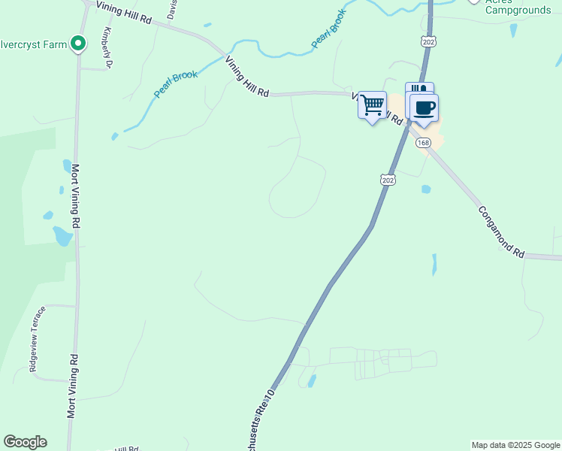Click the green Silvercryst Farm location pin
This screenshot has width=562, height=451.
(x=77, y=44)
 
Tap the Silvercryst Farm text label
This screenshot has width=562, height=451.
(x=33, y=44)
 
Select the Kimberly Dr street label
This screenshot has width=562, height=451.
(x=107, y=48)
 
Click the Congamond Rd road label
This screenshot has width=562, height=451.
(x=501, y=233)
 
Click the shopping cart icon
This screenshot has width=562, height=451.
(x=372, y=106)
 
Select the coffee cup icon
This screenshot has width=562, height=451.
(x=424, y=107)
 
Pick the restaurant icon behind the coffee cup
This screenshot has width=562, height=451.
(x=418, y=89)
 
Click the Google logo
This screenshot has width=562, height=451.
(x=25, y=442)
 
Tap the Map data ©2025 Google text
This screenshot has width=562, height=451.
(x=516, y=445)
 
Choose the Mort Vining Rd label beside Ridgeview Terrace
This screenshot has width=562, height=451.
(x=72, y=386)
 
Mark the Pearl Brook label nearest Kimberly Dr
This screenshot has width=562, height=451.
(x=176, y=83)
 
